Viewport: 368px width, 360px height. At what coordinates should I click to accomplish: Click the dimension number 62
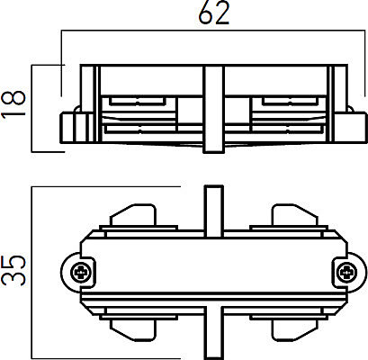click(214, 13)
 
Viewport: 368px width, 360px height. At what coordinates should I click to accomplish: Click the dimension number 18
click(13, 104)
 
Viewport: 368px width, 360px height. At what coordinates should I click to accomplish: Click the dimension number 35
click(13, 270)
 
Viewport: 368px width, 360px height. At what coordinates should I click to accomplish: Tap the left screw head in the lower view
click(80, 273)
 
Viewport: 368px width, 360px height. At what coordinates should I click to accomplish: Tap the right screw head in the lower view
click(347, 273)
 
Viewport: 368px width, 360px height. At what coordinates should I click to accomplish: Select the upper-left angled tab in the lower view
click(133, 215)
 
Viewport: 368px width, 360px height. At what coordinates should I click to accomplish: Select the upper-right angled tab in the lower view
click(294, 215)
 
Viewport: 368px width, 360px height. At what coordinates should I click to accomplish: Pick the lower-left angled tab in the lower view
click(133, 330)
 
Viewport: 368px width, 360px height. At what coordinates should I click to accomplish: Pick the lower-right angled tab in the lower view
click(294, 330)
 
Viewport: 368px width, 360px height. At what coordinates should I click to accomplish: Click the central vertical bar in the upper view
click(214, 109)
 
